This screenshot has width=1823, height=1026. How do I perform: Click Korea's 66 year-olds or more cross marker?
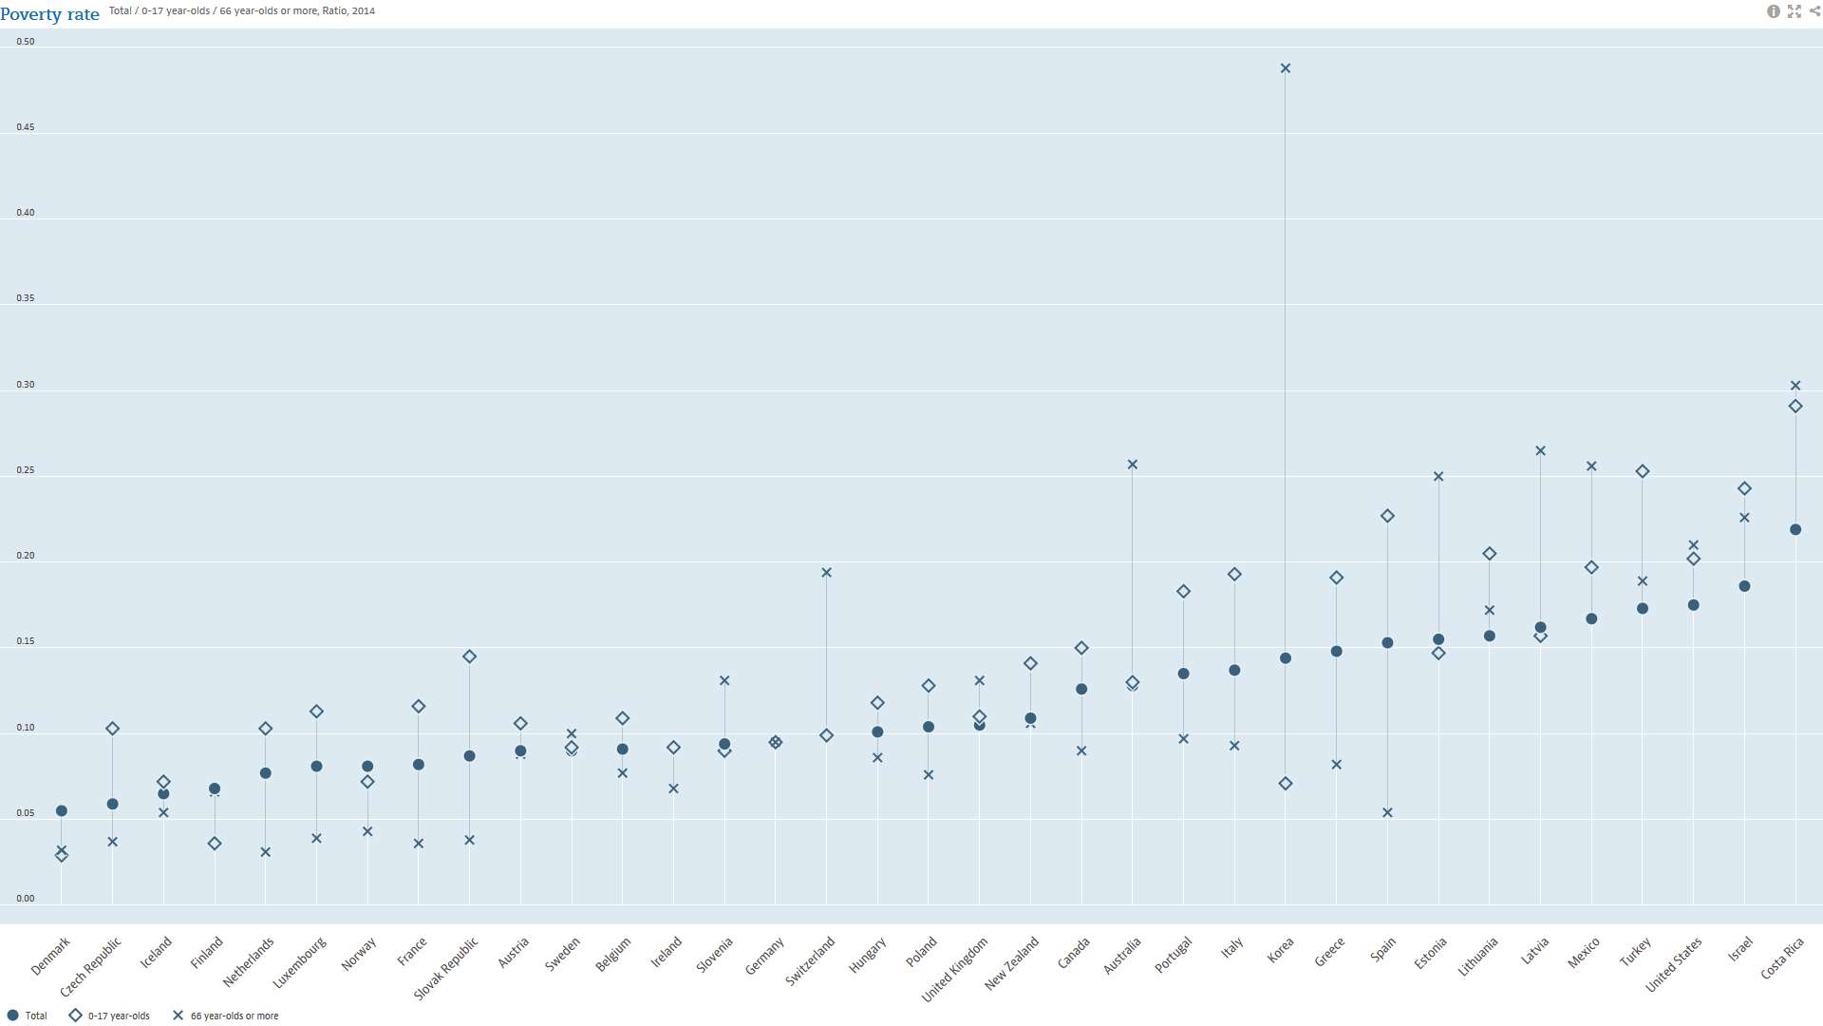(x=1286, y=68)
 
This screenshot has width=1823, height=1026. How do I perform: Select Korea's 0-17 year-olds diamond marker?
(x=1286, y=784)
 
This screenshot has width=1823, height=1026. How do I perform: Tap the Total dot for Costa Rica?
(x=1795, y=530)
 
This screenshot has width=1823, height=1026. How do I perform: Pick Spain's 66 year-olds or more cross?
(x=1387, y=813)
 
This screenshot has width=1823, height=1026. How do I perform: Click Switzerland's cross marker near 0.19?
(x=826, y=573)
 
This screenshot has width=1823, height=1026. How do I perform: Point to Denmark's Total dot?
(x=62, y=811)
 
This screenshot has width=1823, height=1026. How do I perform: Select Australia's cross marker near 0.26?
(x=1132, y=465)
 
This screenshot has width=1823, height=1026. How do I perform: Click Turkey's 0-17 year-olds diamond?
(x=1643, y=471)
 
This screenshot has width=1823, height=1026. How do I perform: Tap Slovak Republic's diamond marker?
(x=469, y=656)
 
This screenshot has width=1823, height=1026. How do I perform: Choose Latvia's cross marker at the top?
(x=1540, y=451)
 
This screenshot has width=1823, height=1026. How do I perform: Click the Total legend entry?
(x=28, y=1016)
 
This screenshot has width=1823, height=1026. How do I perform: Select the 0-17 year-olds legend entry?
(x=109, y=1016)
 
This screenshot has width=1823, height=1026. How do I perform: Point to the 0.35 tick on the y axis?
(x=26, y=298)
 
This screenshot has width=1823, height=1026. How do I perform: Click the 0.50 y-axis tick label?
(x=26, y=42)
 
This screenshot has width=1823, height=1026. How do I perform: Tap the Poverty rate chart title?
(x=50, y=14)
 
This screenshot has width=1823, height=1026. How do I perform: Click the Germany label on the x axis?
(x=765, y=956)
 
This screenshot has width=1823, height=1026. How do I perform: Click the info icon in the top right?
(x=1773, y=11)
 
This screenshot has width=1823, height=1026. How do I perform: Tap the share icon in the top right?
(x=1814, y=11)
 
